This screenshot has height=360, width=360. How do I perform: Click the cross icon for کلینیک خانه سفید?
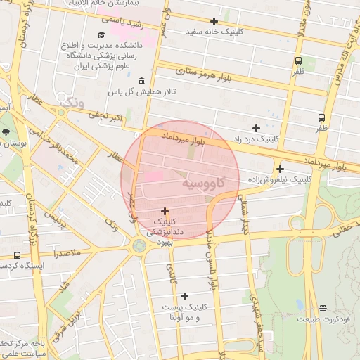click(x=214, y=21)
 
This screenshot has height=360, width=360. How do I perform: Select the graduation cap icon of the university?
click(x=101, y=34)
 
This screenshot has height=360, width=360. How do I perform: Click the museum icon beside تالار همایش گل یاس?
click(x=143, y=81)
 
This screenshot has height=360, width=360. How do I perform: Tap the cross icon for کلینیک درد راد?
click(x=256, y=128)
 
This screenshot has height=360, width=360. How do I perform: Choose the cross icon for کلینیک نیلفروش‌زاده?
click(x=280, y=169)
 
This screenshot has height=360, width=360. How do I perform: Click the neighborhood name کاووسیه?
click(x=204, y=182)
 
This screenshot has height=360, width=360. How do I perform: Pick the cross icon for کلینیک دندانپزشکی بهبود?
click(x=165, y=210)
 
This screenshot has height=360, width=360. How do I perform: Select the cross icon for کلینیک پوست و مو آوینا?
click(x=184, y=296)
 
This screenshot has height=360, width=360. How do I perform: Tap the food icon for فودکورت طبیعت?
click(x=323, y=308)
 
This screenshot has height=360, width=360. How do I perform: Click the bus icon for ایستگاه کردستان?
click(x=17, y=255)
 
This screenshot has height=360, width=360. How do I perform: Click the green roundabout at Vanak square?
click(x=139, y=245)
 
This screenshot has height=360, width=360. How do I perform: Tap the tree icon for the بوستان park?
click(x=6, y=131)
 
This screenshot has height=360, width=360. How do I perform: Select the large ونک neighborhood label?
click(x=72, y=103)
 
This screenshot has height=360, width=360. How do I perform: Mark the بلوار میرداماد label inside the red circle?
click(x=183, y=137)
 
